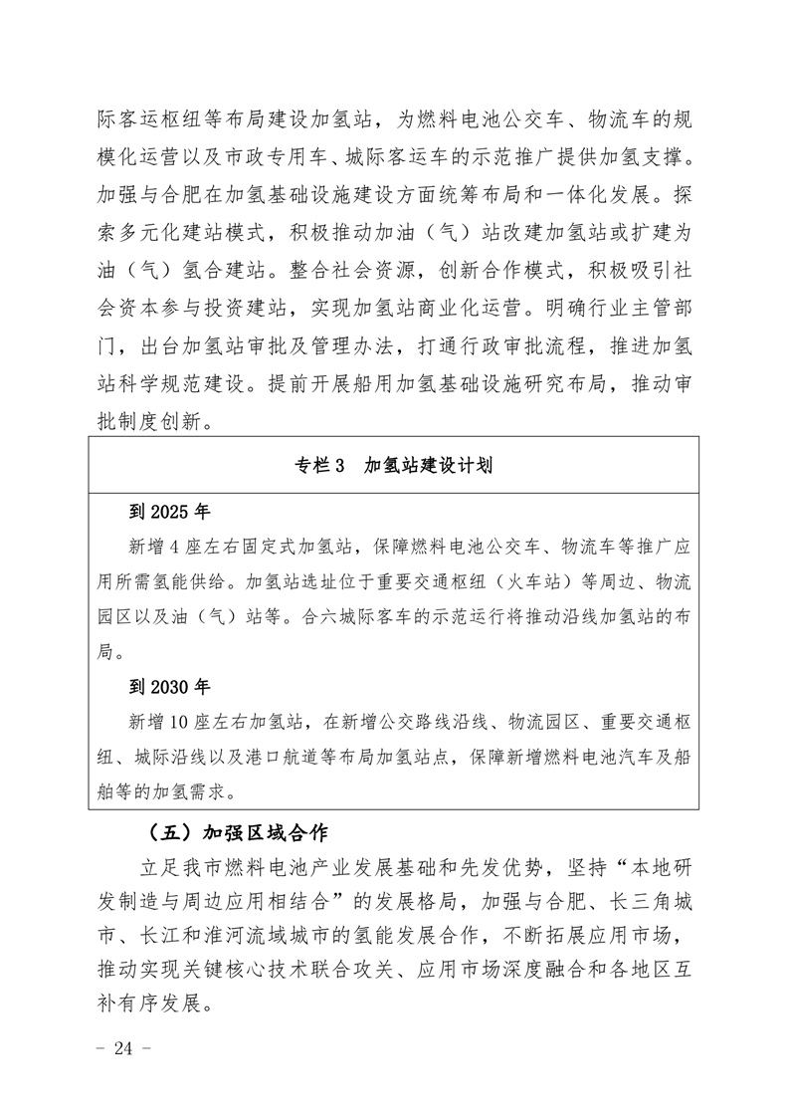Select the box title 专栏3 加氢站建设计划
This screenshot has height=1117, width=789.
[x=394, y=466]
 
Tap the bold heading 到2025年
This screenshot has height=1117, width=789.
[x=170, y=512]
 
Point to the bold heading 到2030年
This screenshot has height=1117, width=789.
[x=170, y=686]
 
